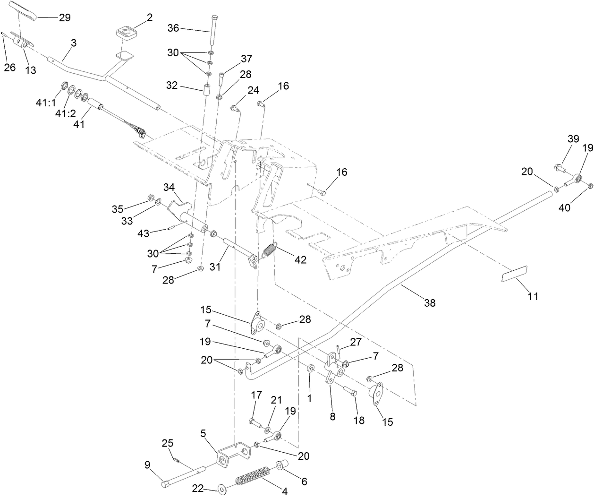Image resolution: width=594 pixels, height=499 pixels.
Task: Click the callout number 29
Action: click(65, 17)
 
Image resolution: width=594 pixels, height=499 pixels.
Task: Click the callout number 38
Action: click(430, 302)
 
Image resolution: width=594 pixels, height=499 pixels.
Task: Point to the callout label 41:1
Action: click(46, 101)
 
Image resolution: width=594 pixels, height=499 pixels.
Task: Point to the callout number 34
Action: click(169, 188)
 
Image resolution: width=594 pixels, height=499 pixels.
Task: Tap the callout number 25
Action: click(168, 443)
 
